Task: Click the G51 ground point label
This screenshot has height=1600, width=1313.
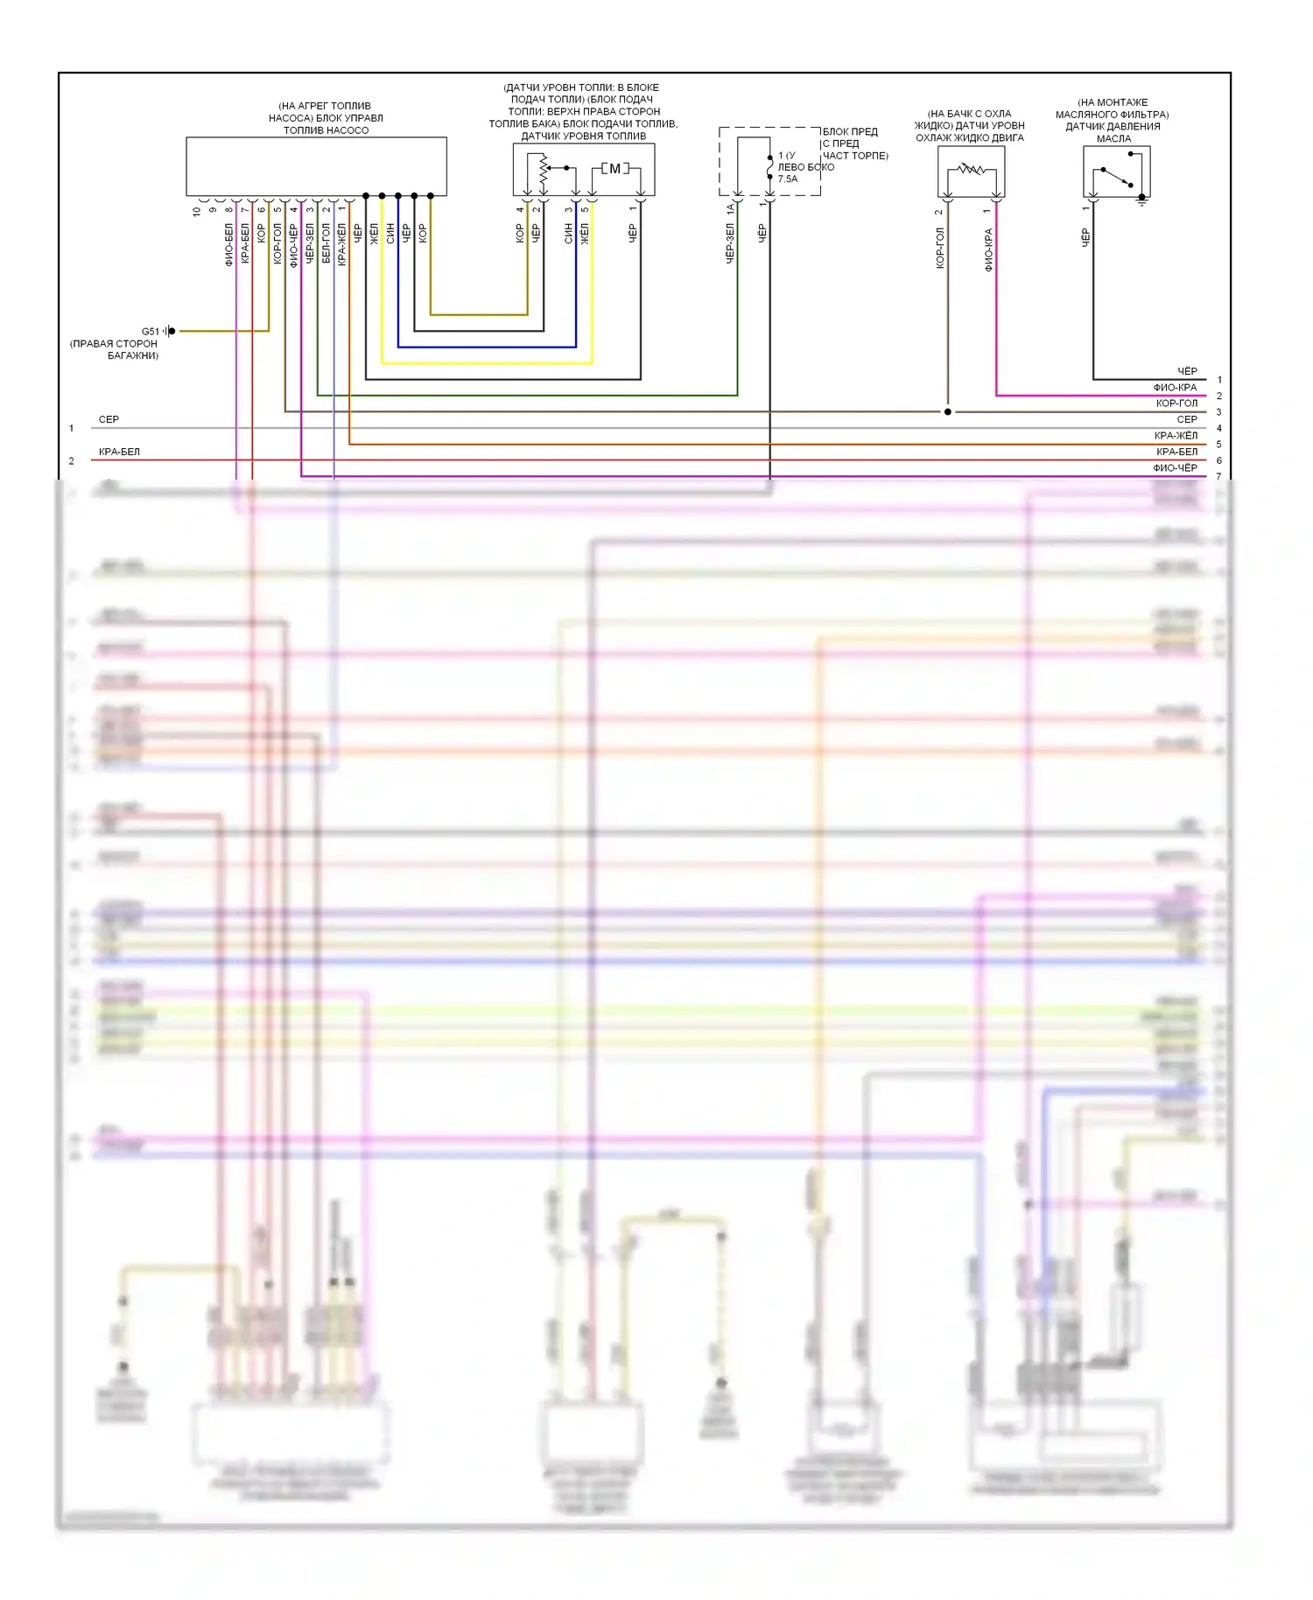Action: coord(151,332)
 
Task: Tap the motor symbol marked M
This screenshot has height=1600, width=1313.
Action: coord(614,168)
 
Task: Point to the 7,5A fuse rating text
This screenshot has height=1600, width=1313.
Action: coord(788,179)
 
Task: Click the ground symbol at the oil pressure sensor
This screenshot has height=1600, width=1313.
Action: coord(1141,200)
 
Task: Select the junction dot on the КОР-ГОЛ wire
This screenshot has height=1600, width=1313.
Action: coord(948,411)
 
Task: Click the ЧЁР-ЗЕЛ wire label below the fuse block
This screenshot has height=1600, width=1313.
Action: coord(730,243)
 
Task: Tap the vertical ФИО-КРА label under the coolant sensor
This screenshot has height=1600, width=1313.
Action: coord(989,249)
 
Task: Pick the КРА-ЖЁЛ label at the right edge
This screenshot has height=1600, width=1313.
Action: coord(1176,436)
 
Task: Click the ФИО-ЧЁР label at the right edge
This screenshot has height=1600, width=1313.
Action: coord(1175,468)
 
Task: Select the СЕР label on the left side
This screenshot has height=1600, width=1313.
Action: coord(109,420)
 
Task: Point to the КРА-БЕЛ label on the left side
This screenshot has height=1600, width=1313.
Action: coord(119,453)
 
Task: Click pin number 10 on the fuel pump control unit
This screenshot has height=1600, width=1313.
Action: coord(197,211)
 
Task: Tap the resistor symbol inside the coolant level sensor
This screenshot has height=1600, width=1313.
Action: coord(972,169)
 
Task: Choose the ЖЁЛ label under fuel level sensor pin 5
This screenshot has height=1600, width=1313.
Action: coord(585,233)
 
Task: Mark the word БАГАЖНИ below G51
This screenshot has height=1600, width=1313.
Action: coord(133,356)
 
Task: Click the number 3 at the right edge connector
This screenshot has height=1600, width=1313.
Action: coord(1218,412)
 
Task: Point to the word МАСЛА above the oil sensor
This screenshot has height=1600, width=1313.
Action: coord(1113,139)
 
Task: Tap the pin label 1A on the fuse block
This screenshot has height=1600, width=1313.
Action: coord(730,209)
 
